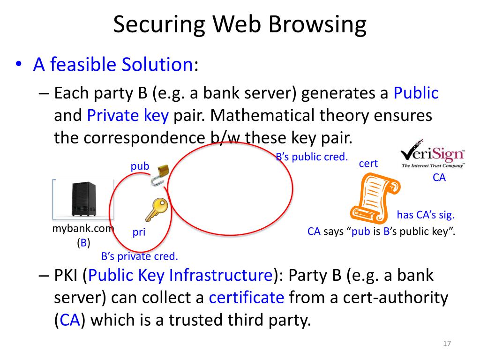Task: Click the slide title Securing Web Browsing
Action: (x=240, y=24)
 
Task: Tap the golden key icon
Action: (x=156, y=210)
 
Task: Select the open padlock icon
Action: (x=159, y=175)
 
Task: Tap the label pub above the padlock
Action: (x=140, y=166)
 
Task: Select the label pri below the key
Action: (x=139, y=232)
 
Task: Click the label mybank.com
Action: (x=83, y=229)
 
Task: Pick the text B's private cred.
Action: (x=140, y=256)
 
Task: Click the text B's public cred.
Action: (x=311, y=157)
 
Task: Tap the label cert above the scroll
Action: (x=368, y=164)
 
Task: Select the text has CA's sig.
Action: (x=426, y=215)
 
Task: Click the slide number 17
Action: (x=446, y=345)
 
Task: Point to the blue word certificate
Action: (x=247, y=298)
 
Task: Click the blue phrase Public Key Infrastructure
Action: (x=180, y=275)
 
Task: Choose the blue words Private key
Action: (x=127, y=115)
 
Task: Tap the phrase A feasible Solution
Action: (x=112, y=64)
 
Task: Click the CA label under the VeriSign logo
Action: (x=439, y=178)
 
